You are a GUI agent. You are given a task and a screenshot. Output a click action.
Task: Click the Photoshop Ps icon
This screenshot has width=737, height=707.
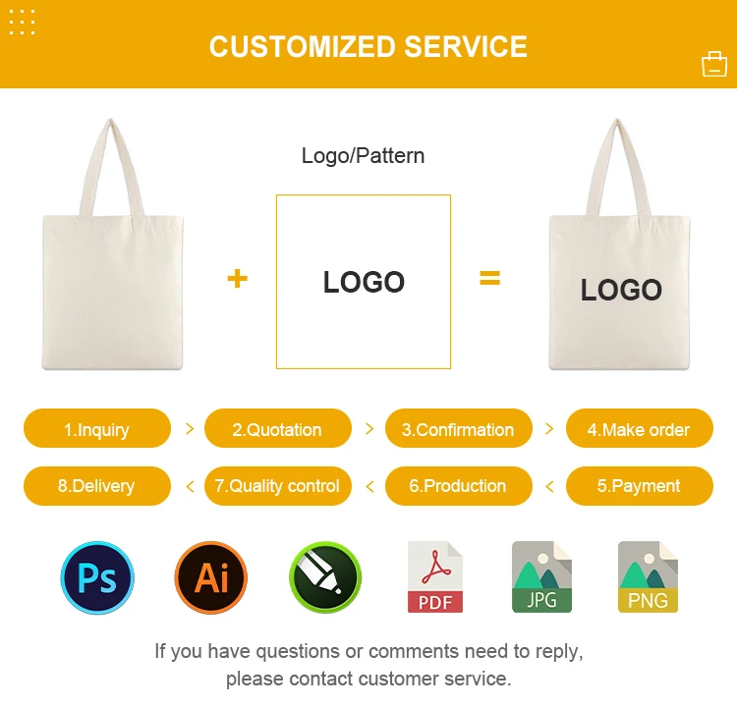click(x=97, y=577)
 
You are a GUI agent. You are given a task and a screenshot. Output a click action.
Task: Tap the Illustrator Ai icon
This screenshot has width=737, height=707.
click(x=211, y=577)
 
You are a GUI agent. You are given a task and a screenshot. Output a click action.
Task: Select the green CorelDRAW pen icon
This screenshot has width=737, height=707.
click(x=325, y=577)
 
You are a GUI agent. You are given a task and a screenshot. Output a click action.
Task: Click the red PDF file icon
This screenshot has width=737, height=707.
click(x=435, y=576)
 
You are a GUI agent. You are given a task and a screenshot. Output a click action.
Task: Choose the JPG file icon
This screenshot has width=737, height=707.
click(x=541, y=576)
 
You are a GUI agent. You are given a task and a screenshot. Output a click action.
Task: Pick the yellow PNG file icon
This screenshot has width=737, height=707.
click(x=648, y=576)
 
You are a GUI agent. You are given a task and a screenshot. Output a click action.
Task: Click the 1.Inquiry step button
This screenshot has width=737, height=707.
click(x=97, y=428)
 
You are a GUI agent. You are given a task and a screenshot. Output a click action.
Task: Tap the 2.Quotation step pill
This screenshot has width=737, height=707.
click(x=278, y=428)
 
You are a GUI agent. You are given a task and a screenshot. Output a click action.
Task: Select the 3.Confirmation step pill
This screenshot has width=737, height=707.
click(x=459, y=428)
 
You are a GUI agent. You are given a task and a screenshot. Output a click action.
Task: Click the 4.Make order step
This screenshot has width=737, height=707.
click(x=640, y=428)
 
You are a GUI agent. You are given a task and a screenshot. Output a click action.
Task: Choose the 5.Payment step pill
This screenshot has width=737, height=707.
click(x=640, y=486)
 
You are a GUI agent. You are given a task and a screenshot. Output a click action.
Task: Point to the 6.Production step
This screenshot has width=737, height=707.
click(x=459, y=486)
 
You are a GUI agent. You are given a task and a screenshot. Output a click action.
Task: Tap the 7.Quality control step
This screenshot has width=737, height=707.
click(x=278, y=486)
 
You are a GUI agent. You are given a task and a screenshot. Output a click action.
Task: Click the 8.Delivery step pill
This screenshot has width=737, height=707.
click(x=97, y=486)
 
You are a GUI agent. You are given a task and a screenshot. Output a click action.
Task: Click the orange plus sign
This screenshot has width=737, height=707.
click(x=238, y=278)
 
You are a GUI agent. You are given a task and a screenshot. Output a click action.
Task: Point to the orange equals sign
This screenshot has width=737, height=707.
click(x=489, y=278)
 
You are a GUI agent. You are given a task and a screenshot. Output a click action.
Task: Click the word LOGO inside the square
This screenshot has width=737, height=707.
click(x=364, y=282)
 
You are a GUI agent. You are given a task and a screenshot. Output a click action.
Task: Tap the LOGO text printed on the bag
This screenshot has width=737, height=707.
click(x=621, y=290)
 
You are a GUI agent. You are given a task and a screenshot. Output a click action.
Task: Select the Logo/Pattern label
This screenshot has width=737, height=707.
click(x=363, y=156)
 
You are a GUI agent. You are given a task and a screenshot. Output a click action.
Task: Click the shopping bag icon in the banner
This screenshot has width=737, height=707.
click(x=714, y=64)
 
